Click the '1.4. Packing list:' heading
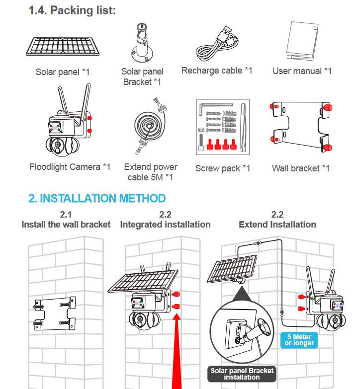tap(72, 10)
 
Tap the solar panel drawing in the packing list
tap(63, 47)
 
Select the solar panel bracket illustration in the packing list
tap(142, 43)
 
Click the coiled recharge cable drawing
tap(217, 43)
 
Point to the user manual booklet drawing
tap(302, 41)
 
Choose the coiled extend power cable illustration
tap(151, 126)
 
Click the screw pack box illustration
tap(223, 127)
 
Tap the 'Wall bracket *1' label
tap(301, 168)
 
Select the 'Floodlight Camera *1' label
tap(70, 167)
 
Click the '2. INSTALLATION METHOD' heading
tap(97, 198)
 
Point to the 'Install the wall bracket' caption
tap(66, 225)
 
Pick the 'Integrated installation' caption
tap(165, 225)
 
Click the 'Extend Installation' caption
tap(277, 225)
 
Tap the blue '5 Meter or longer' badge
tap(299, 340)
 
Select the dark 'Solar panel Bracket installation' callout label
tap(242, 374)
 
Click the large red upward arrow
tap(177, 351)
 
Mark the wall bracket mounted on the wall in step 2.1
tap(55, 314)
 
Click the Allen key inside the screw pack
tap(215, 108)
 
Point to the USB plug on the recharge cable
tap(226, 31)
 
